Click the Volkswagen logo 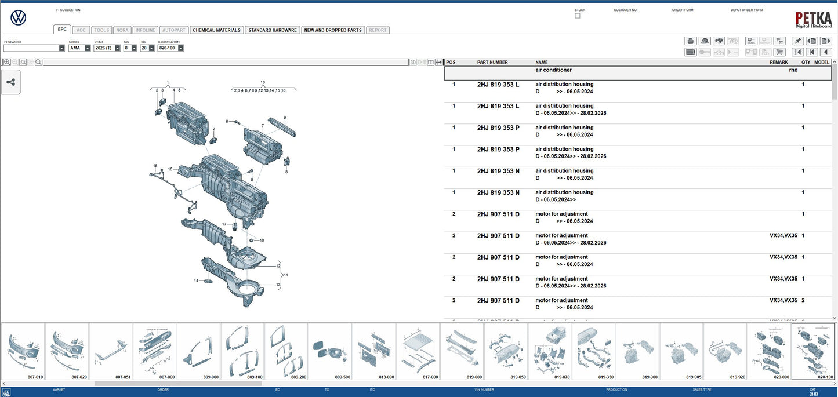coord(19,18)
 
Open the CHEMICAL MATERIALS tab coord(216,30)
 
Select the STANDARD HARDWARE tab coord(272,30)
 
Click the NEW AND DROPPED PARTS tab coord(333,30)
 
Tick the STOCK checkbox coord(577,16)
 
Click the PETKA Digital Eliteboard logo coord(813,20)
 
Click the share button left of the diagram coord(11,82)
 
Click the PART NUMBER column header coord(492,62)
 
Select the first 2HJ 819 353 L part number coord(498,85)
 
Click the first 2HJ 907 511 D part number coord(498,214)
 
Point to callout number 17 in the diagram coord(224,224)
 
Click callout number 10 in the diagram coord(262,240)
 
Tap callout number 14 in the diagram coord(196,281)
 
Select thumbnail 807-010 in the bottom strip coord(23,351)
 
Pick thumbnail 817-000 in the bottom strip coord(418,351)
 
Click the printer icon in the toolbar coord(691,41)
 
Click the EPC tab coord(62,30)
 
